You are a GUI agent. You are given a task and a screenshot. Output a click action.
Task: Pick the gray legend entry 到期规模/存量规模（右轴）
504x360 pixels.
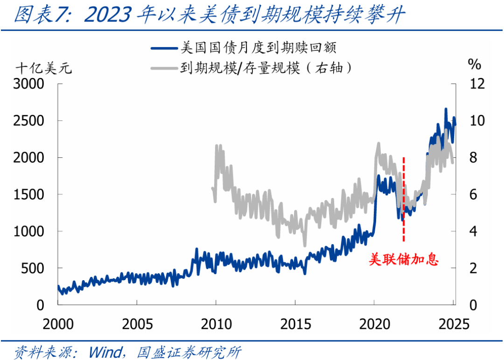coord(266,68)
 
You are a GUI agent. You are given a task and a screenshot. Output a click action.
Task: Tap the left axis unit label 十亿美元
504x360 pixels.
coord(44,69)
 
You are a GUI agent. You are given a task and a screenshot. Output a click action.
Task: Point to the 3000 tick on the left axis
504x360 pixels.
coord(30,84)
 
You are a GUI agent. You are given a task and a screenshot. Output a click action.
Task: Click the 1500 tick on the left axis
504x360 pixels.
coord(30,195)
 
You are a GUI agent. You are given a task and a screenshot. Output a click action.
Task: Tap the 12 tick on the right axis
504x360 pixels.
coord(477,84)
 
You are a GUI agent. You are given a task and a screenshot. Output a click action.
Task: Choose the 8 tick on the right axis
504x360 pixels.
coord(473,158)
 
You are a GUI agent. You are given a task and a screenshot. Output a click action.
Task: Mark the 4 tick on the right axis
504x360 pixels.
coord(473,232)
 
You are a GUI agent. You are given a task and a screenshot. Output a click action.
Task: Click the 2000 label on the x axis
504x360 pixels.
coord(58,323)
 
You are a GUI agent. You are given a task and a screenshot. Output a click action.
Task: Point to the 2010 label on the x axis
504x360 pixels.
coord(216,323)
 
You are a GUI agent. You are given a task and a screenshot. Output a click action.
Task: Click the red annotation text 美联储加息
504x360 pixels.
coord(404,260)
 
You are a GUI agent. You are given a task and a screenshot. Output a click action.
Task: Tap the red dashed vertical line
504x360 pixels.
coord(403,201)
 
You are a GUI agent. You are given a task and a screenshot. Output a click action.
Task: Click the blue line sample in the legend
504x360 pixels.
coord(165,48)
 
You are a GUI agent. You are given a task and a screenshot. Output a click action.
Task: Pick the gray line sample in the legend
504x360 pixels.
coord(165,69)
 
